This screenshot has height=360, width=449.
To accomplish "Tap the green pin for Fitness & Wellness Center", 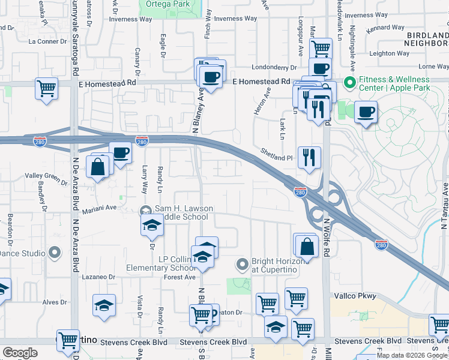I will coord(348,82).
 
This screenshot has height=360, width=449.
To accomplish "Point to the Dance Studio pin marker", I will coord(55,253).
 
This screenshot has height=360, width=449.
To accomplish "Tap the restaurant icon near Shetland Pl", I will coord(309,157).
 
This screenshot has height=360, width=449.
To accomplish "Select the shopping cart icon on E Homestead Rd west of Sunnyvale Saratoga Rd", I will coord(46,88).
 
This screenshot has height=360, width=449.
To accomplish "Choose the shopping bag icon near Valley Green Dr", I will coord(98,166).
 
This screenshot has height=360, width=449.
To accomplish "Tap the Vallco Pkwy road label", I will coord(355,296).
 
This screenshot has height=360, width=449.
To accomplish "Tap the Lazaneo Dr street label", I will coord(99,277).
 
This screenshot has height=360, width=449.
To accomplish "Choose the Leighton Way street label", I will coord(390,53).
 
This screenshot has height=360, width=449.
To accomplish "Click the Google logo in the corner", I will coord(20,353).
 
